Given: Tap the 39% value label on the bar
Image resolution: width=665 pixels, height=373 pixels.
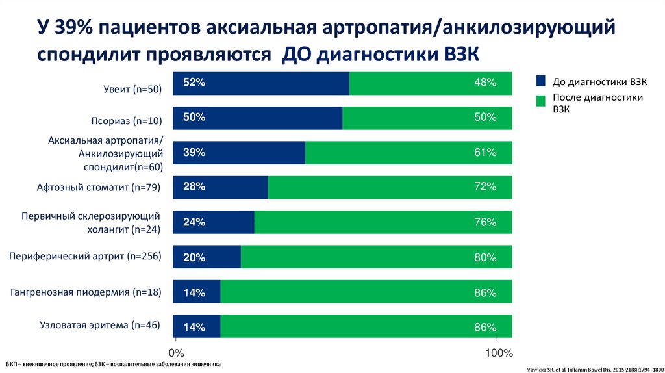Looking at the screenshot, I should (x=194, y=153).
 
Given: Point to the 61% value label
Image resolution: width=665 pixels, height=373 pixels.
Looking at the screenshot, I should (x=485, y=153).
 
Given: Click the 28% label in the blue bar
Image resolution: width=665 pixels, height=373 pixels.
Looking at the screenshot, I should (x=194, y=187).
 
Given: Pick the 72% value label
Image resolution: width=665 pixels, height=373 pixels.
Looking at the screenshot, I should (x=485, y=187).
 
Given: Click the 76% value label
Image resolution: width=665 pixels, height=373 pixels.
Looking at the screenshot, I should (x=485, y=222).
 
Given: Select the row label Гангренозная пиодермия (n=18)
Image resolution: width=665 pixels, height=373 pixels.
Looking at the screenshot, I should (x=86, y=292).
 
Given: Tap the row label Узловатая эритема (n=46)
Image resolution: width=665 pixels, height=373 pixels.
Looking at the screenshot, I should (x=100, y=324).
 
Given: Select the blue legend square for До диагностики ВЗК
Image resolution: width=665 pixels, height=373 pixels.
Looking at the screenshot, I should (x=540, y=82).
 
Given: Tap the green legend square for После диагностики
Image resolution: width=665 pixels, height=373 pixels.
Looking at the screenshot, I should (x=540, y=101).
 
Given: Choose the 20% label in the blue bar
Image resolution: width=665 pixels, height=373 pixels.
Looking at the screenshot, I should (x=194, y=257).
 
